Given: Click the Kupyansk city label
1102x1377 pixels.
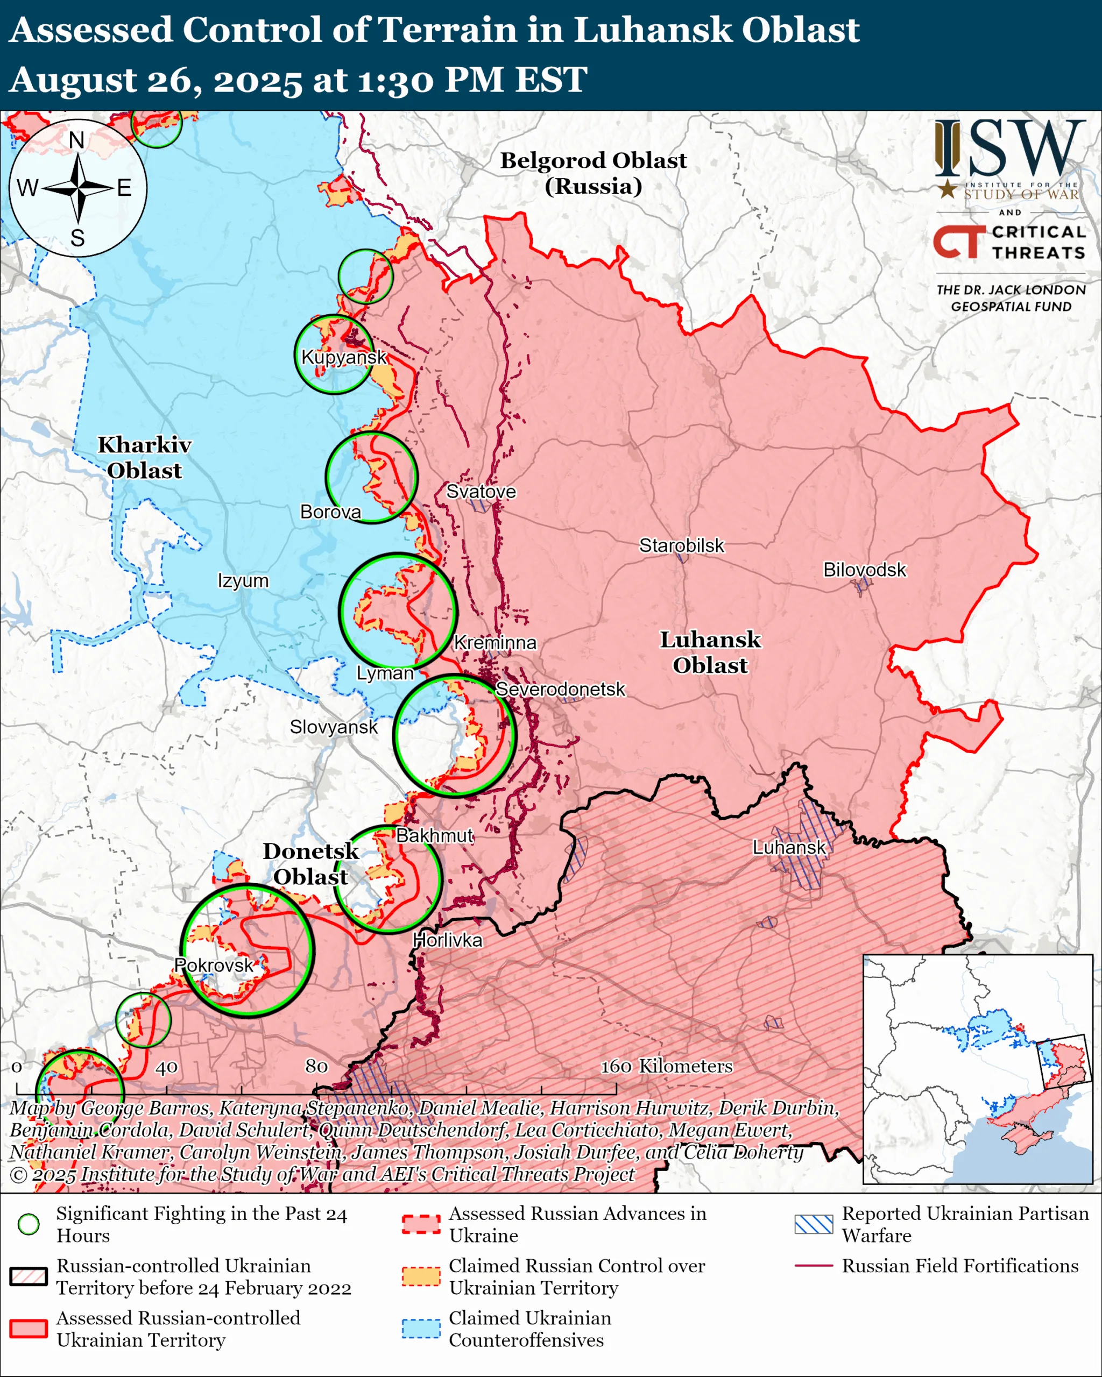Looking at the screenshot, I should click(344, 357).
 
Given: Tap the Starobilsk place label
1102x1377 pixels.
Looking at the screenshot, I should click(682, 545).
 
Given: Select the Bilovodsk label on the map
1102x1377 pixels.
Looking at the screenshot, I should click(864, 569).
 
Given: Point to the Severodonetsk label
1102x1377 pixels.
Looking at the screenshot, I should click(560, 689).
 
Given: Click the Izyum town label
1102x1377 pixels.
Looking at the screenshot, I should click(243, 580).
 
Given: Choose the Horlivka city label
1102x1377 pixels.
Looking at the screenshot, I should click(447, 940).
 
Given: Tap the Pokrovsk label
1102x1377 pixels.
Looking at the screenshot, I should click(214, 964).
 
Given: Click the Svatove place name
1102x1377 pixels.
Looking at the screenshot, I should click(481, 491).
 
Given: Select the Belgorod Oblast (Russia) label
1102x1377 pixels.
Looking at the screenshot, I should click(593, 173).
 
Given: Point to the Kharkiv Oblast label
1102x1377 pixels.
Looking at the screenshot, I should click(144, 457).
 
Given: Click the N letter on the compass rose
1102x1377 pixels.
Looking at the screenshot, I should click(76, 140).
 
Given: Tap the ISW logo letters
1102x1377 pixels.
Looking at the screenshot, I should click(1009, 149).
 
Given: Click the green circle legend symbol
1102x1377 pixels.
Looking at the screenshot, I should click(29, 1224).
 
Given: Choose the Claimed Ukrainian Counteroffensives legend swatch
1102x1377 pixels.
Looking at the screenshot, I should click(421, 1329).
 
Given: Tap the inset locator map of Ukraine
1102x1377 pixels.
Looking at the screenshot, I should click(977, 1069).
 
